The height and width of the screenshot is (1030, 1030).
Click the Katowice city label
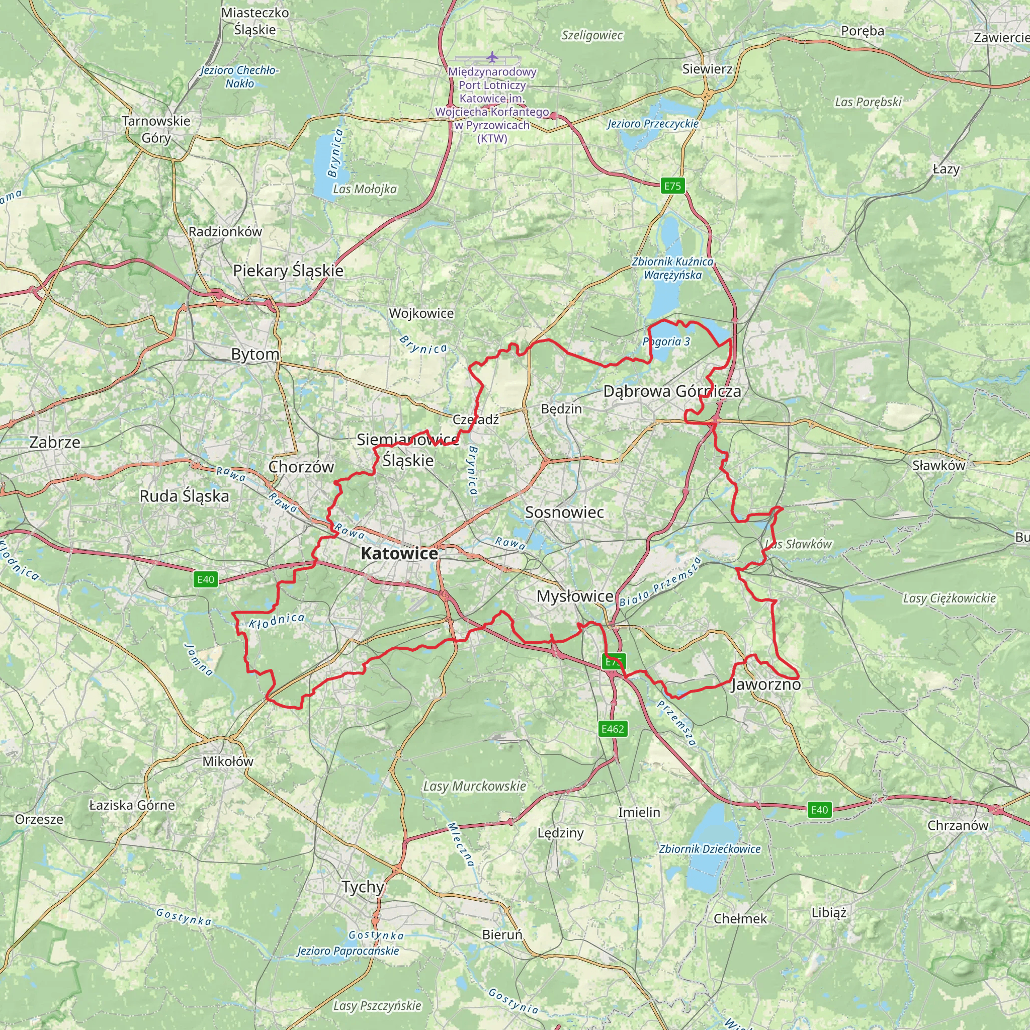[x=399, y=553]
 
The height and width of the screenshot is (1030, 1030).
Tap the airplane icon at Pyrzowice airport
[x=491, y=56]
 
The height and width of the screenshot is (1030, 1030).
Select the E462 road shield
[x=612, y=729]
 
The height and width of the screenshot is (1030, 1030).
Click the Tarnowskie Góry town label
[x=156, y=129]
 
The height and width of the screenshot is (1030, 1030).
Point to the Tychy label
[x=363, y=887]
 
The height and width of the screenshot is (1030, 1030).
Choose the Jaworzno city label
[x=765, y=684]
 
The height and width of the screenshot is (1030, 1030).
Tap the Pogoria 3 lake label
[x=666, y=341]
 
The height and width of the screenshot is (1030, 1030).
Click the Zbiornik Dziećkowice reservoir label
[x=710, y=849]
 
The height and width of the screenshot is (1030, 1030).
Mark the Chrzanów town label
[x=958, y=825]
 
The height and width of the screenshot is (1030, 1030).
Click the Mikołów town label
[x=228, y=761]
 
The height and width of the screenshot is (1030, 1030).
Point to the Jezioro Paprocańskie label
[x=348, y=951]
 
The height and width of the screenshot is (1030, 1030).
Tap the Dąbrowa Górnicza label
[x=672, y=391]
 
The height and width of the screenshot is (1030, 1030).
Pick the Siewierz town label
[x=707, y=69]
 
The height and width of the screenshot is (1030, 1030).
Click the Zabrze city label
[x=55, y=442]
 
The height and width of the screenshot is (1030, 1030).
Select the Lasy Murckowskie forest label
[x=474, y=786]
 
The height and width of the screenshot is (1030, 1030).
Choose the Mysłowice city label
[x=575, y=596]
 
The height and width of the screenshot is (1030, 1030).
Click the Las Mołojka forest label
[x=365, y=189]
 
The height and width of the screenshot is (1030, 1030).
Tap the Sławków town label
[x=938, y=465]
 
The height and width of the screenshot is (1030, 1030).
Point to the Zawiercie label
[x=1001, y=37]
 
